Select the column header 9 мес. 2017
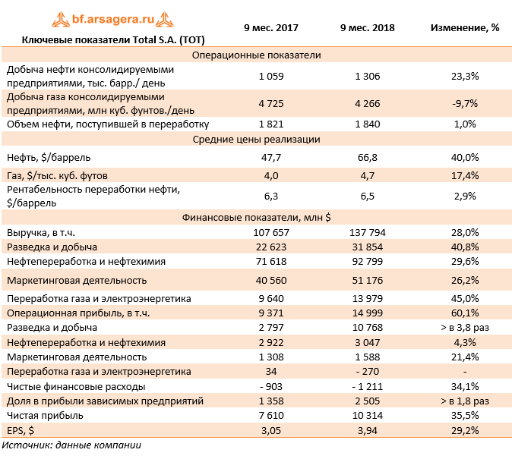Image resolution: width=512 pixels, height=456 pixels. tap(271, 27)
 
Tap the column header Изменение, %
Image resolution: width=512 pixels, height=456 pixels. tap(465, 27)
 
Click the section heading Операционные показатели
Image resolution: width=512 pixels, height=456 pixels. tap(257, 55)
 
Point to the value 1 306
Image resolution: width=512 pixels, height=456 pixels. tap(368, 76)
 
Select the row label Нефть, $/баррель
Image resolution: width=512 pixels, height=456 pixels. tap(49, 157)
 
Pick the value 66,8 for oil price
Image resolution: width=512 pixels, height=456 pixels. tap(368, 157)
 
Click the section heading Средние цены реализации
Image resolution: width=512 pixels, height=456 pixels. tap(257, 140)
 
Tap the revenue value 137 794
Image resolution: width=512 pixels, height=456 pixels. tap(368, 232)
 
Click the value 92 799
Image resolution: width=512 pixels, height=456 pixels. tap(368, 261)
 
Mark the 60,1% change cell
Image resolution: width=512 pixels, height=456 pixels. tap(465, 313)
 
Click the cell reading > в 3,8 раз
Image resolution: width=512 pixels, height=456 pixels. tap(465, 327)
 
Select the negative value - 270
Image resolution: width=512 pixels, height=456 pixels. tap(368, 371)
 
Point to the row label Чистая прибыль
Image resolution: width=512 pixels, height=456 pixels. tap(44, 415)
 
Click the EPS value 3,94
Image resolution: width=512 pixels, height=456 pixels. tap(368, 430)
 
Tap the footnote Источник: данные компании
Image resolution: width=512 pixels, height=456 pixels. tap(72, 445)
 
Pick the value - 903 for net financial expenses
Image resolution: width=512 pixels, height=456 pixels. tap(271, 386)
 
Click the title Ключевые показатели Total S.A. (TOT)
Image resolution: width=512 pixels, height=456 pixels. tap(113, 39)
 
